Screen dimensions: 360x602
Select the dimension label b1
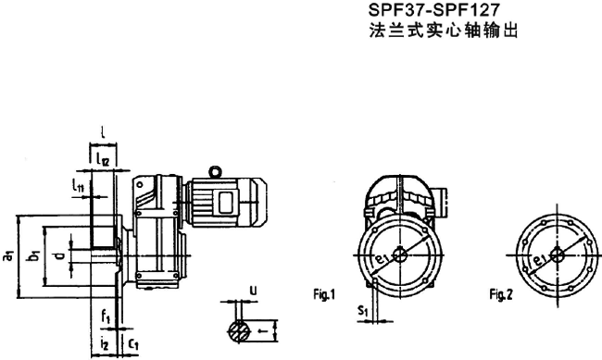pyautogui.click(x=33, y=257)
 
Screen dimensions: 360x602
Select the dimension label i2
pyautogui.click(x=107, y=344)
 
